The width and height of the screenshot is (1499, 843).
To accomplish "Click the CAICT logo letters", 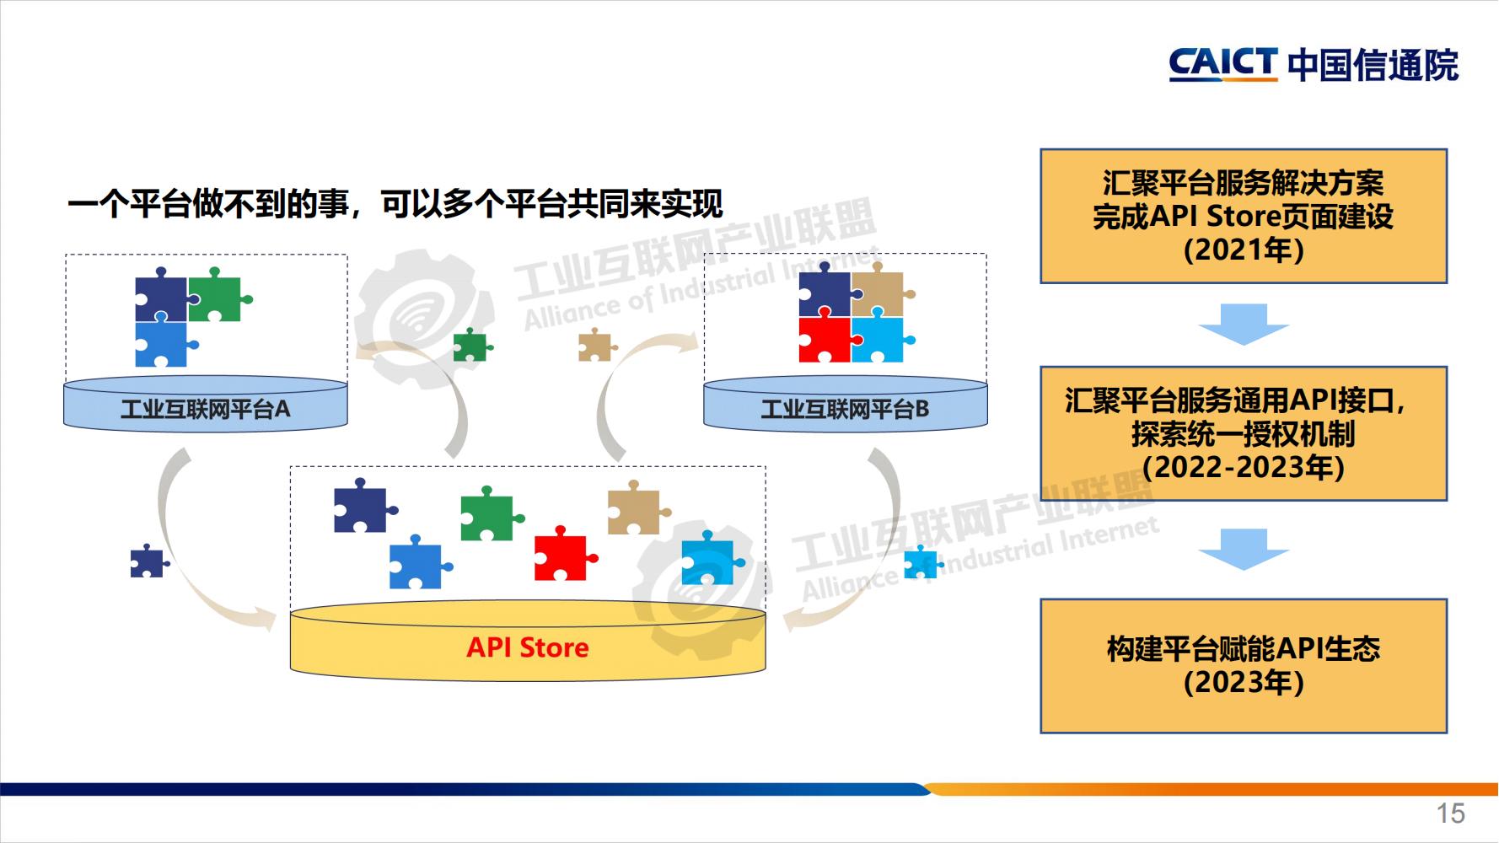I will [x=1222, y=64].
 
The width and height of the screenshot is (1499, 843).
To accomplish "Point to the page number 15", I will [x=1450, y=813].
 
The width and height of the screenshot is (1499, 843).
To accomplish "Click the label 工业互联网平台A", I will [x=205, y=410].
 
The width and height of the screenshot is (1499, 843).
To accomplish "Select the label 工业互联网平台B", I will [x=845, y=410].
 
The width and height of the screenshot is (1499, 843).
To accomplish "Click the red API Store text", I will [x=528, y=647].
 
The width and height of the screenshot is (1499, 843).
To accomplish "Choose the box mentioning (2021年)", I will [x=1244, y=216].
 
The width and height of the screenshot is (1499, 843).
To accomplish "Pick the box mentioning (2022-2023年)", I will [x=1244, y=433].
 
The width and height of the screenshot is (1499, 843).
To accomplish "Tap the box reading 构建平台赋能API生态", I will [x=1244, y=665].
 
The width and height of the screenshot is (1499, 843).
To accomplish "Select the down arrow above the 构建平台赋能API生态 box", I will [x=1244, y=550].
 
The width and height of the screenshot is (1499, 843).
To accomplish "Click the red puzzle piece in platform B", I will [x=825, y=339].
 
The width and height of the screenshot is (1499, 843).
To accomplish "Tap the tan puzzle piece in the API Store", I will [x=635, y=510].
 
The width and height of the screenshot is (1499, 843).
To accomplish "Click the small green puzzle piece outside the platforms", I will [x=470, y=346].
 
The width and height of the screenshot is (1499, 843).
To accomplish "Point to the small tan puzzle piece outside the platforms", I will [x=595, y=346].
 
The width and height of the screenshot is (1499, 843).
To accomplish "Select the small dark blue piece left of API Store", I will [x=148, y=562].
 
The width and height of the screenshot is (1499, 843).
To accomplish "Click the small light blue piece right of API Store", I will [x=919, y=563].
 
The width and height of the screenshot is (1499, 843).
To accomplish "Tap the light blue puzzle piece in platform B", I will [x=878, y=339].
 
